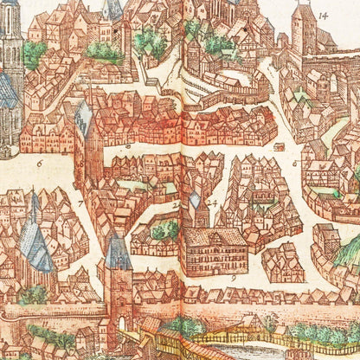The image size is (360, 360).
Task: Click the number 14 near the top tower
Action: click(x=323, y=16)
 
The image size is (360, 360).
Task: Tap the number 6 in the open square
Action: click(x=40, y=162)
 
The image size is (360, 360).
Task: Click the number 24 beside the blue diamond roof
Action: click(x=212, y=204)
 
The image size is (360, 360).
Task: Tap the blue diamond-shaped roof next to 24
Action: click(x=195, y=201)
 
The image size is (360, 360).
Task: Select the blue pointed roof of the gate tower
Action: click(x=119, y=252)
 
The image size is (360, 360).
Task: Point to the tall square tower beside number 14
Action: click(x=303, y=30)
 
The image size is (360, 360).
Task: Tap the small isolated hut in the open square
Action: click(x=280, y=146)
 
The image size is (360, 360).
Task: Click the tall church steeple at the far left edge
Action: click(x=10, y=35)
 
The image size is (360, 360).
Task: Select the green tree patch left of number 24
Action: click(x=165, y=230)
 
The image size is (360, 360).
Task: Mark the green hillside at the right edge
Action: click(x=350, y=251)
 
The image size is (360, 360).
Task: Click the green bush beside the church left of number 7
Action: click(x=35, y=294)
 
